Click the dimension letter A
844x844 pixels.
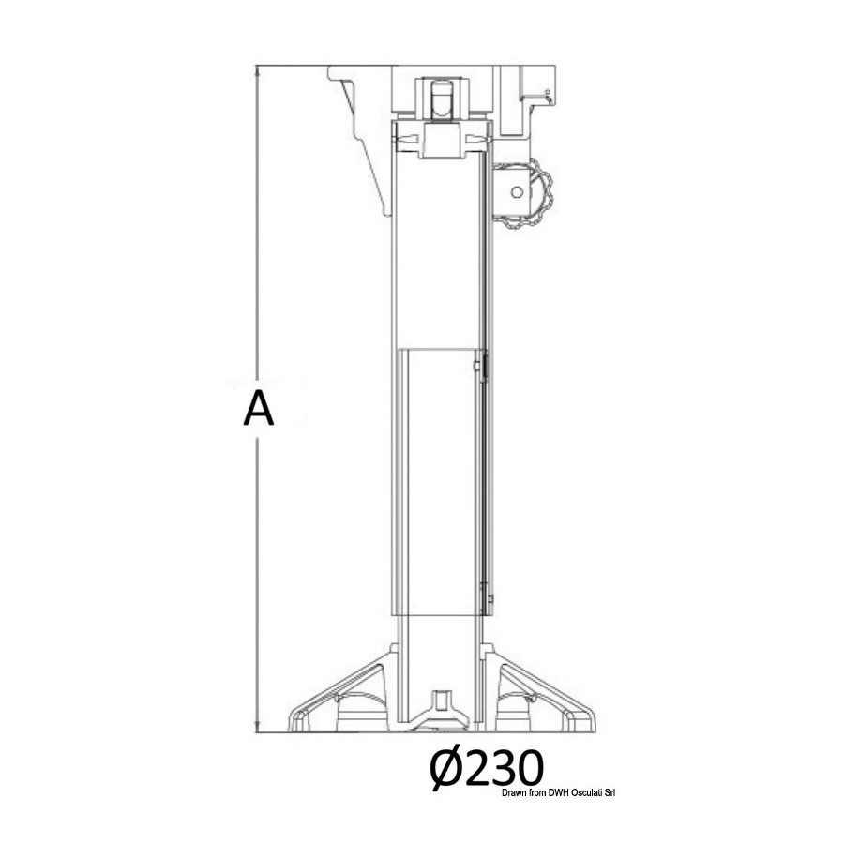[x=259, y=409]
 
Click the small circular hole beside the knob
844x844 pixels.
[x=517, y=192]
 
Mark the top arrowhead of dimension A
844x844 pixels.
[x=257, y=68]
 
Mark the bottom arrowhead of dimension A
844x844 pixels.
[x=257, y=729]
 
